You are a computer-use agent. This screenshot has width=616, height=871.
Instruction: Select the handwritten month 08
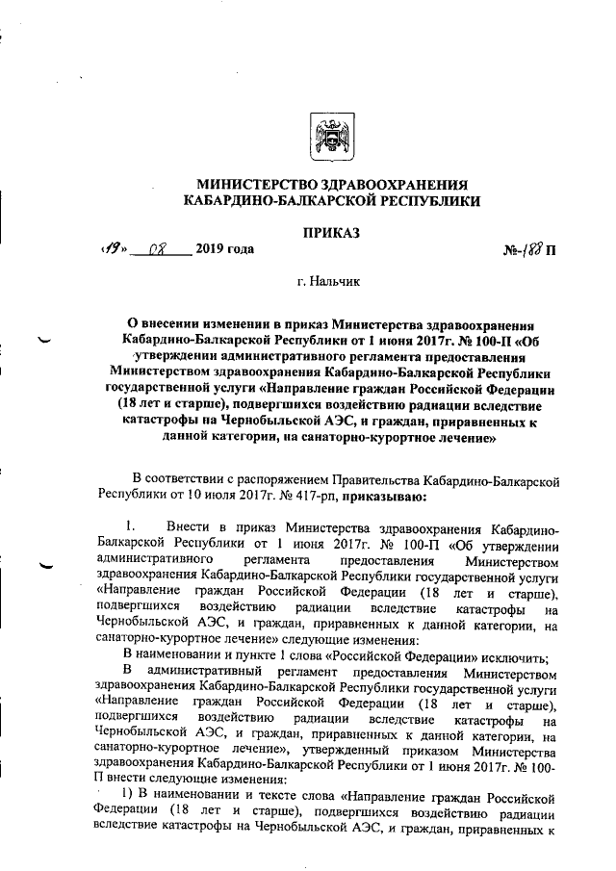160,250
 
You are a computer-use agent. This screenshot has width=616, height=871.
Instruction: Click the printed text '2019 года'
225,250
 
